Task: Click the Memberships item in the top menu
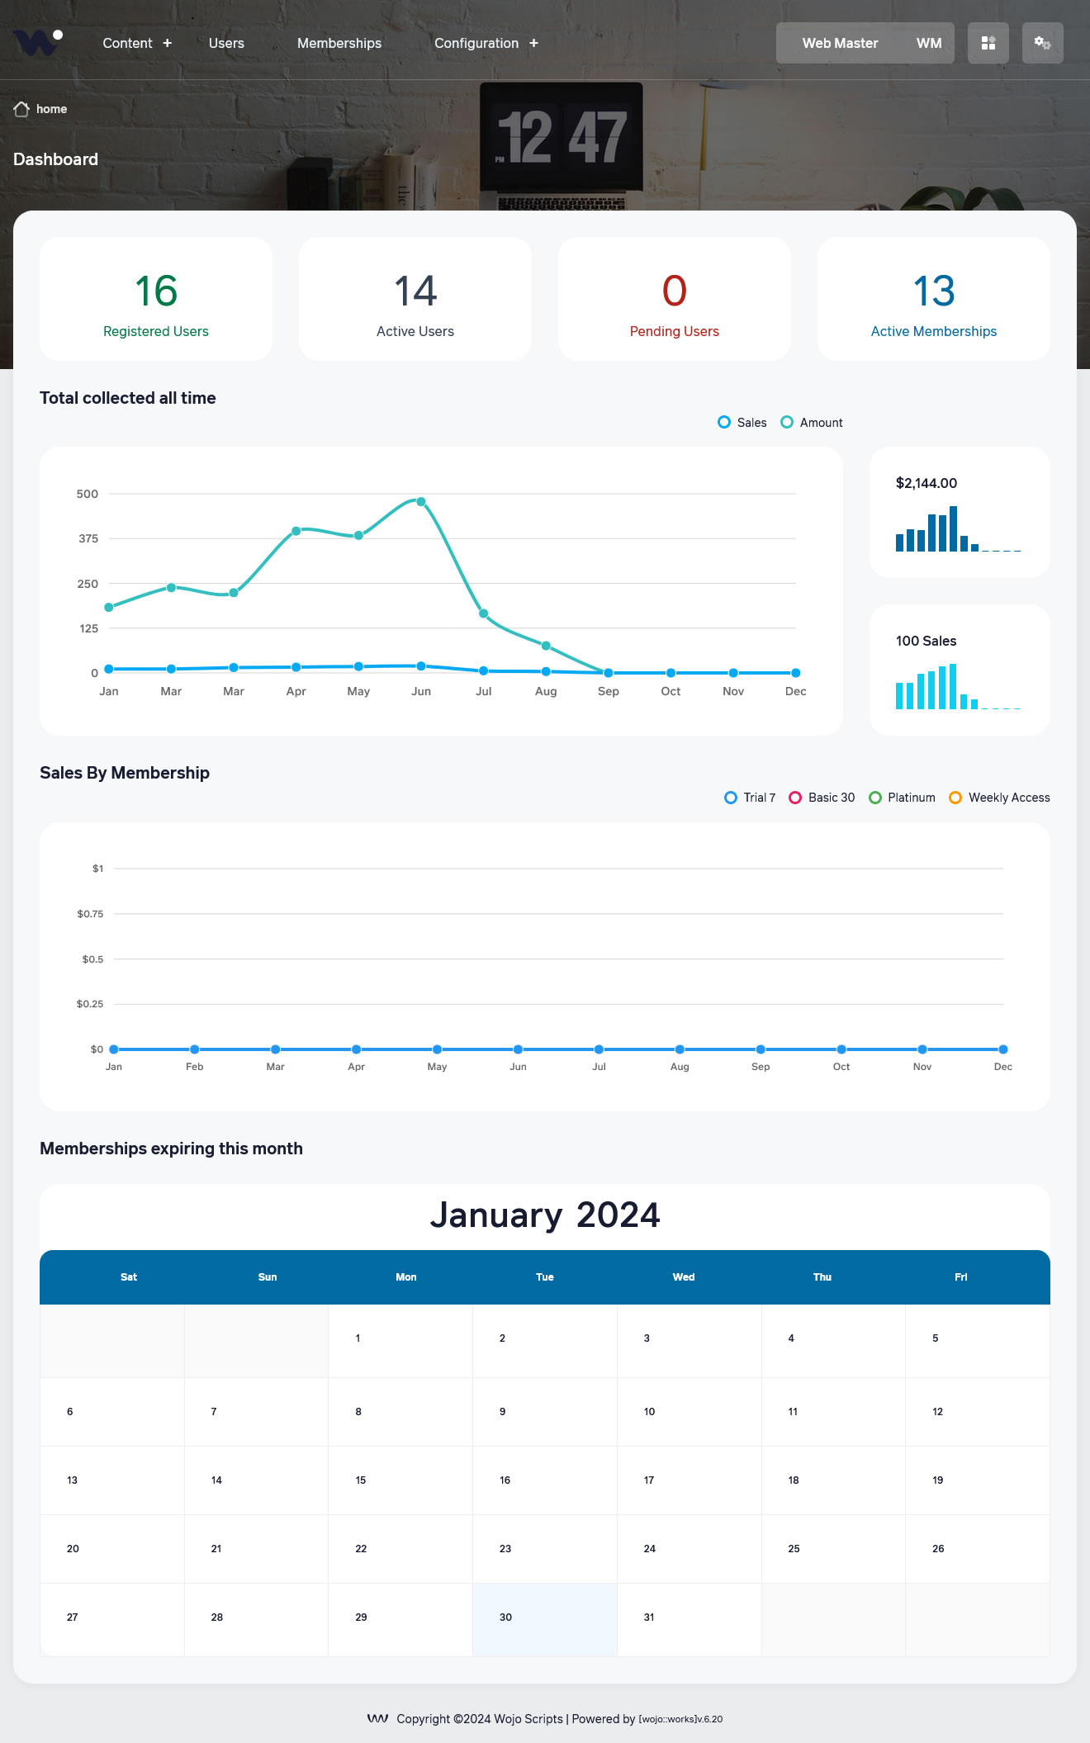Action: tap(339, 43)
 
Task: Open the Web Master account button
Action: tap(865, 43)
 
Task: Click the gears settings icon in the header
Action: tap(1042, 43)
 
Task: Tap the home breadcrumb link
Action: tap(51, 109)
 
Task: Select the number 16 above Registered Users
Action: tap(156, 291)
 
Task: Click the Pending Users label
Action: tap(674, 331)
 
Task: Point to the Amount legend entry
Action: tap(812, 423)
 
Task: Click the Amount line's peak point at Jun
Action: tap(421, 502)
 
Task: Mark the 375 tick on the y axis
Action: tap(88, 538)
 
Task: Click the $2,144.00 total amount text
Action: tap(926, 483)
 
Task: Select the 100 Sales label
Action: tap(926, 641)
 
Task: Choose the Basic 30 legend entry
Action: tap(822, 798)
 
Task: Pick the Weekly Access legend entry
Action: tap(999, 798)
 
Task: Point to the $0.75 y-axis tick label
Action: tap(90, 914)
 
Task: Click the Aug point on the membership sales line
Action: tap(680, 1049)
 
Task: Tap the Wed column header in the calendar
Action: tap(683, 1276)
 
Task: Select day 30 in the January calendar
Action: tap(505, 1617)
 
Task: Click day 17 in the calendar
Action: tap(649, 1480)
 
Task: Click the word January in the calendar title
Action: tap(496, 1215)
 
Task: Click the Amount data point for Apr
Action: tap(296, 531)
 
